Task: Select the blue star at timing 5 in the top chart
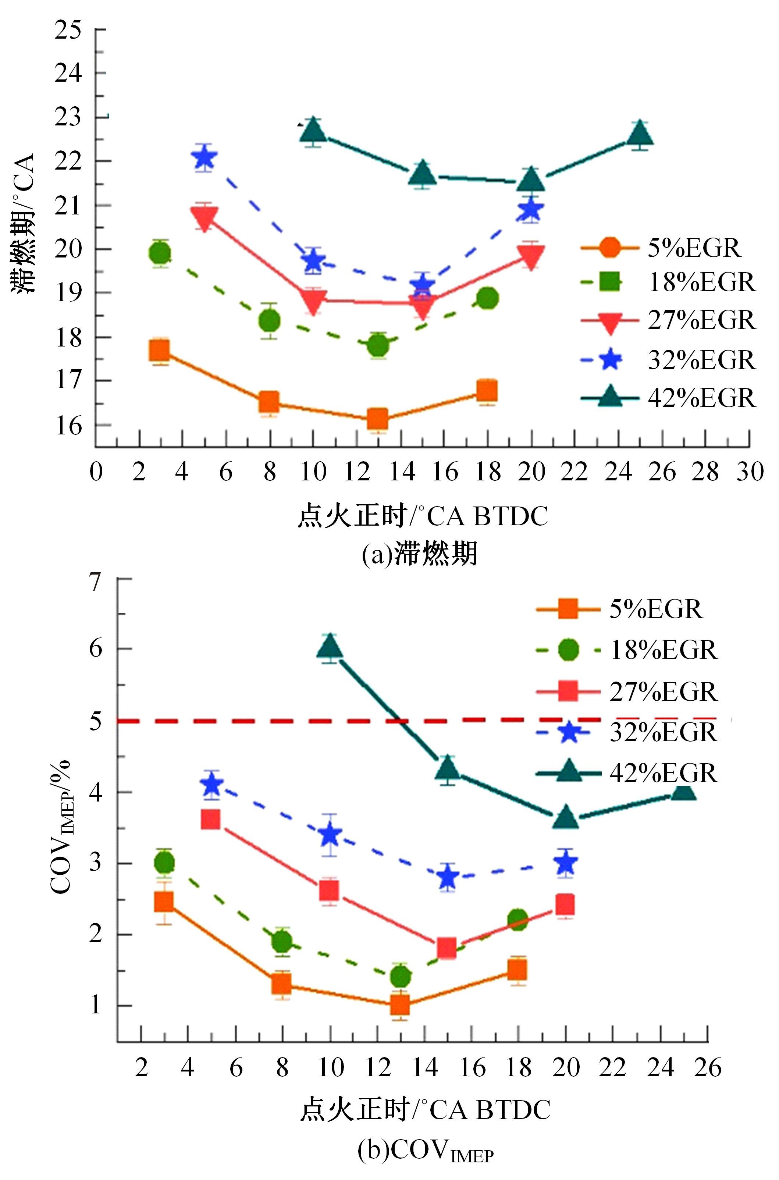pos(204,159)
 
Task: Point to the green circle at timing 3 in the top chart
pos(160,254)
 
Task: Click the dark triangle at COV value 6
pos(330,647)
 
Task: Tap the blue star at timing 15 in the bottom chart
pos(448,877)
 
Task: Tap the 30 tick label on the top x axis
pos(749,471)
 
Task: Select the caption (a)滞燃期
pos(420,553)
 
